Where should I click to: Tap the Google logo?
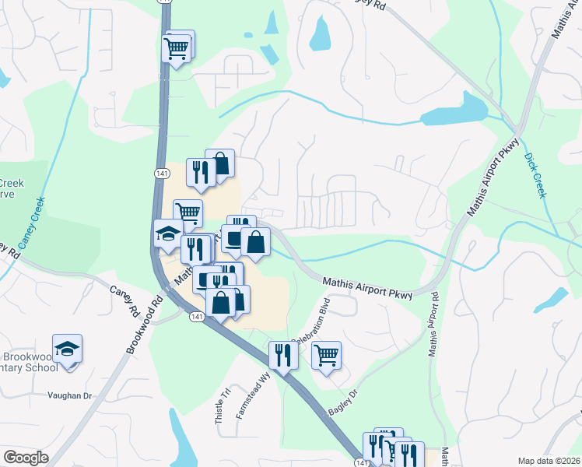26,458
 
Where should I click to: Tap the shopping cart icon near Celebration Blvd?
327,355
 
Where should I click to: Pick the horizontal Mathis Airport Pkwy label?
366,290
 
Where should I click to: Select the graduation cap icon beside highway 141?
167,233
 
